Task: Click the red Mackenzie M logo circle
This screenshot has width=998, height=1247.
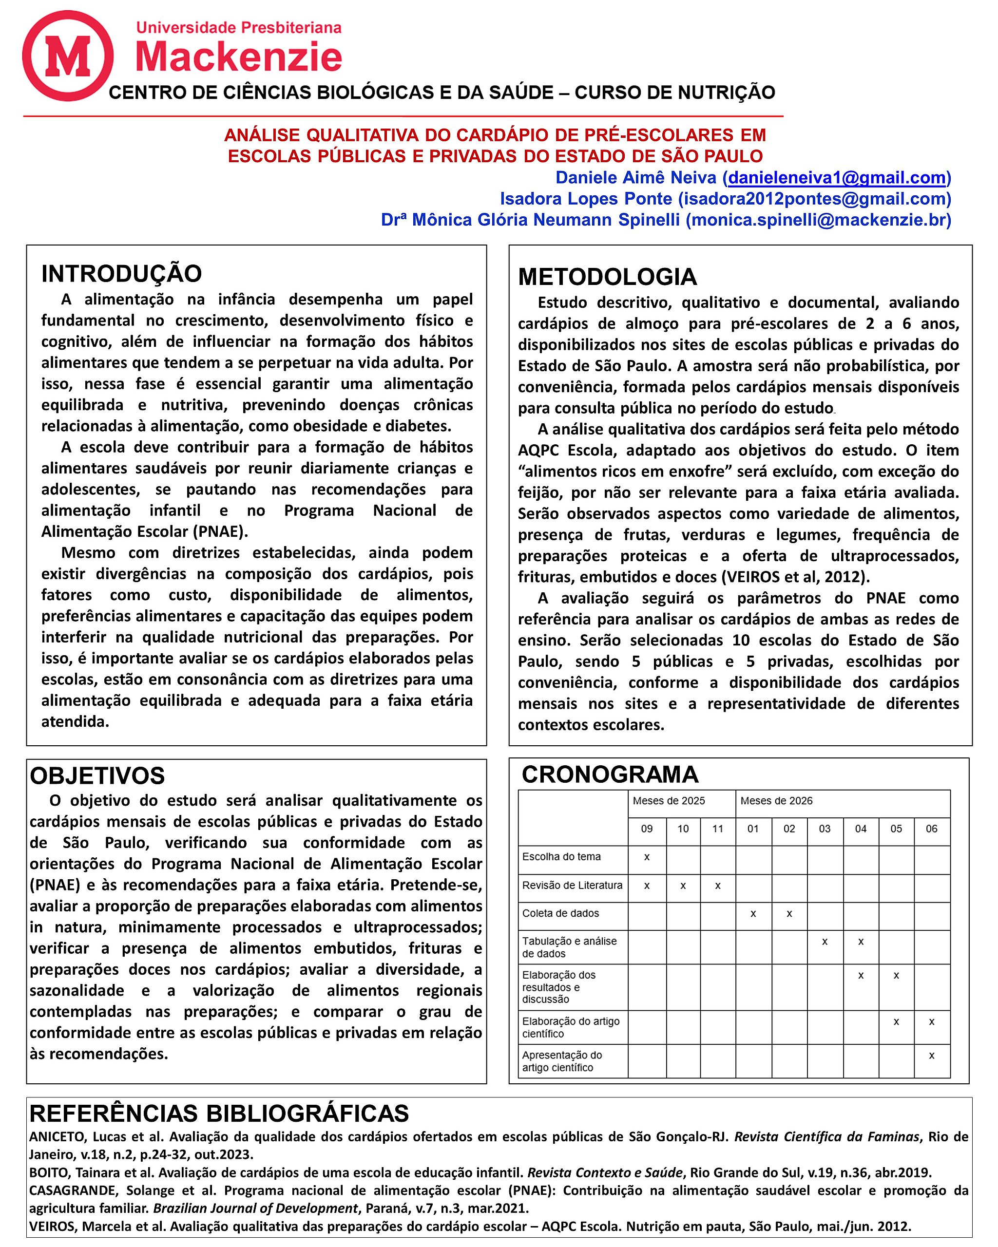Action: tap(68, 56)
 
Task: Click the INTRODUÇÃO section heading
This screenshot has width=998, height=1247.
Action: tap(121, 274)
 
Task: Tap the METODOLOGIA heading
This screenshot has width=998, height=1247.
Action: tap(608, 277)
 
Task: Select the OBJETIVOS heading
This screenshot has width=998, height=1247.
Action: tap(97, 776)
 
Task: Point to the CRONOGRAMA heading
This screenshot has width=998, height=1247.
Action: tap(610, 775)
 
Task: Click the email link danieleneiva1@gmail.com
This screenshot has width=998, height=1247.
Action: tap(837, 178)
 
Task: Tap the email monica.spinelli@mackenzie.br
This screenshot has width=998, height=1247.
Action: tap(818, 220)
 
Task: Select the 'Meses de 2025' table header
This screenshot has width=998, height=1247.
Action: tap(669, 801)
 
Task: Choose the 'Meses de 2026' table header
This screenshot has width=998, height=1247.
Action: tap(776, 801)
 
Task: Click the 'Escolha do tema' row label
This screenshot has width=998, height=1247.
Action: tap(561, 857)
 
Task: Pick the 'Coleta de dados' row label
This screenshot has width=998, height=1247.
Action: tap(560, 913)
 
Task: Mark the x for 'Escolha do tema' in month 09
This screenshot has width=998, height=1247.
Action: tap(647, 857)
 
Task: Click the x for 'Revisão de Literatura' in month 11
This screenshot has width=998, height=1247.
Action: tap(717, 886)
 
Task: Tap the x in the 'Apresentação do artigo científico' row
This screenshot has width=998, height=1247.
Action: tap(931, 1056)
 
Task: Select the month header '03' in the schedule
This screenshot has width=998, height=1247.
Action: tap(825, 829)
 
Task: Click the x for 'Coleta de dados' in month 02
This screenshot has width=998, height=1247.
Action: tap(789, 914)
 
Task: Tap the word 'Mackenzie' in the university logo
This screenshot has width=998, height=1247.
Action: tap(238, 58)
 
